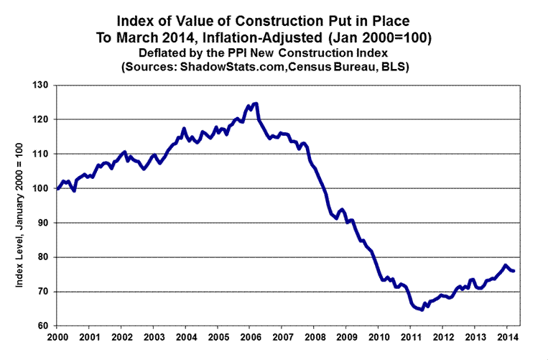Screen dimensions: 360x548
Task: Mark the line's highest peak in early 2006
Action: click(255, 103)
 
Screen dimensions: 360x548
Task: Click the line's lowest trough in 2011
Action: click(421, 310)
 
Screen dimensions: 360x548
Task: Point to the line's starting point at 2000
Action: click(57, 188)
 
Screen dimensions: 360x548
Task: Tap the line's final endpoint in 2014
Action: click(514, 270)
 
